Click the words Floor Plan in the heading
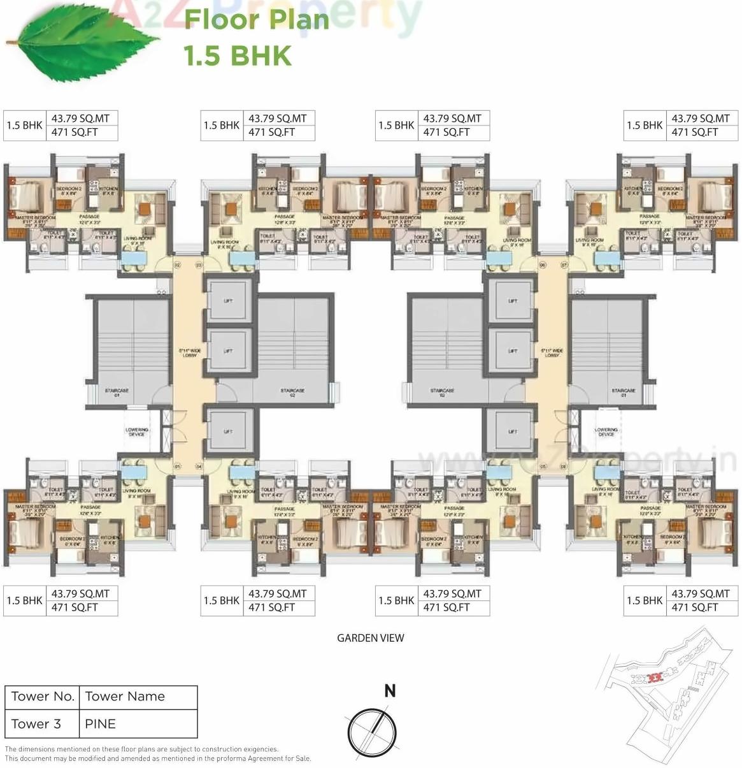pos(257,19)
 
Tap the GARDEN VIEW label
pos(370,638)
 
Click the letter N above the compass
pos(390,691)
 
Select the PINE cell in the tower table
pos(101,724)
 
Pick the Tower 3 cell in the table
pos(36,724)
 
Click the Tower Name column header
pos(125,697)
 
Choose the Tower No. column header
pos(43,697)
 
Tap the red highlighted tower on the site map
pos(654,678)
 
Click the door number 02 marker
pos(177,264)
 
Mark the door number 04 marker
pos(199,467)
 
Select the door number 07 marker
pos(563,264)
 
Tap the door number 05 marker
pos(543,467)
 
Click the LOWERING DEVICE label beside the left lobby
pos(137,432)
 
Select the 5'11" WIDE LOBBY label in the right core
pos(552,352)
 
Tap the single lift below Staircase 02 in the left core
pos(228,431)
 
